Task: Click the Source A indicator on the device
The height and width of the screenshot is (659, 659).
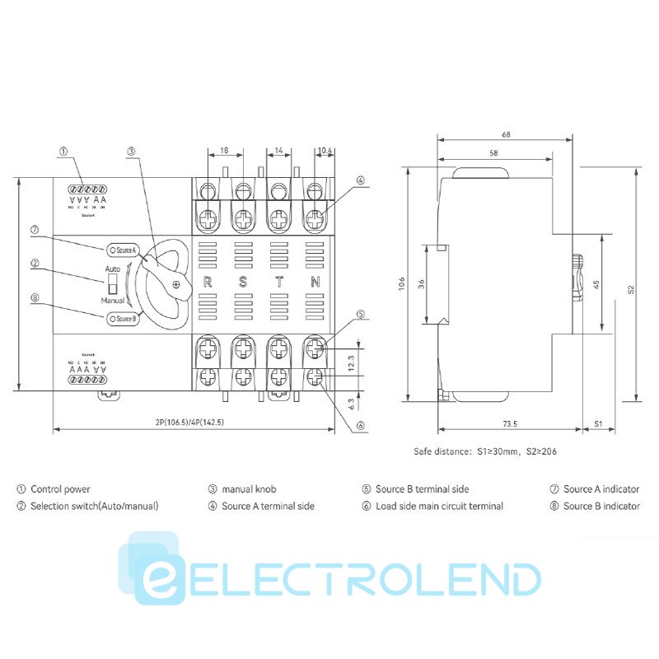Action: click(123, 249)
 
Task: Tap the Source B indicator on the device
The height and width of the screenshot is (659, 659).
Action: click(123, 318)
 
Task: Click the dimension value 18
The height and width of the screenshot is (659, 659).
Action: click(225, 151)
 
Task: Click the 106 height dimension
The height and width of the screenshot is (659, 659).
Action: click(401, 283)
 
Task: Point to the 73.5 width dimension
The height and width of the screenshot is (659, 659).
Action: click(508, 424)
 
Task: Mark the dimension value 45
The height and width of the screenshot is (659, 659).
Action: click(595, 284)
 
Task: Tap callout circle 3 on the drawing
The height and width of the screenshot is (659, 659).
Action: click(131, 152)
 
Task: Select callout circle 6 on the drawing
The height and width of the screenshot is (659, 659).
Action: click(360, 426)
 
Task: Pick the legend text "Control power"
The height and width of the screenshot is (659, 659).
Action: click(60, 489)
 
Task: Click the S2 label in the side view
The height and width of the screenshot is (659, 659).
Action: click(631, 289)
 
